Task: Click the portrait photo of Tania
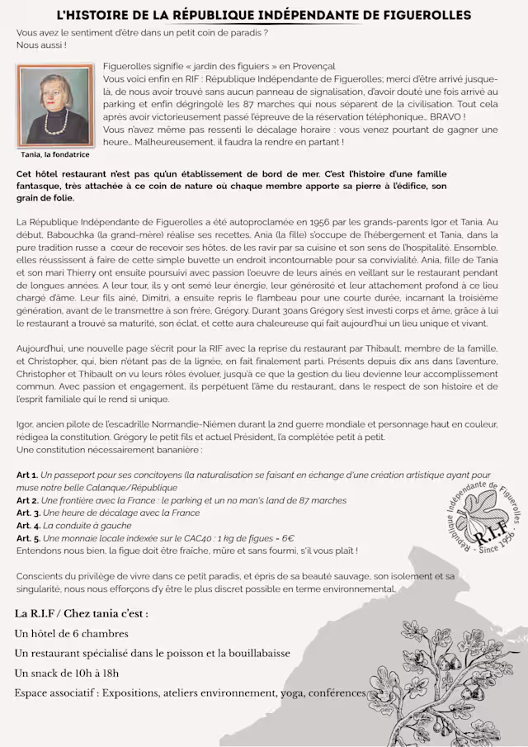point(55,106)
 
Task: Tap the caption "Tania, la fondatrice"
point(55,154)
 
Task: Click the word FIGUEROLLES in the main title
point(423,16)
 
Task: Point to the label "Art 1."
point(27,475)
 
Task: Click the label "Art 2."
point(27,500)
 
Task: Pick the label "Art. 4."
point(29,525)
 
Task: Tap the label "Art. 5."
point(29,537)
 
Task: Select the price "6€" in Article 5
point(248,537)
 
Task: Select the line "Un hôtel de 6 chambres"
point(72,633)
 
